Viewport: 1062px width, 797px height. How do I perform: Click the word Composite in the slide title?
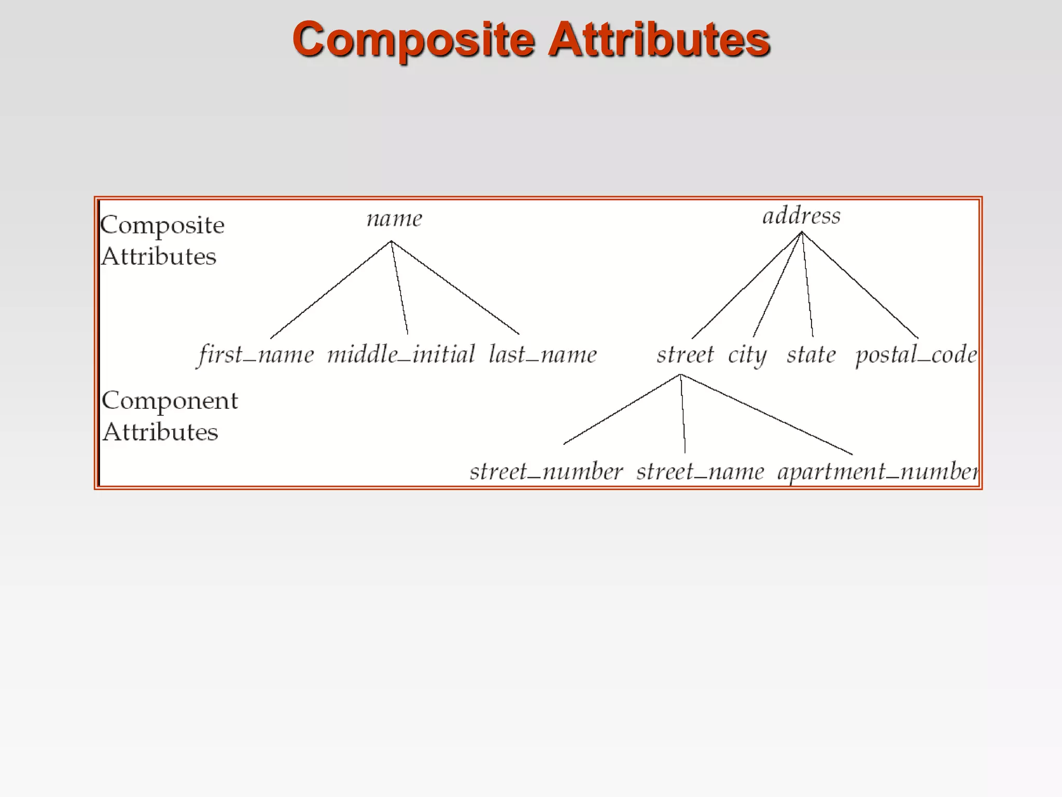(413, 40)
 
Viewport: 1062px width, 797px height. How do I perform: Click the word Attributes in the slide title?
(659, 40)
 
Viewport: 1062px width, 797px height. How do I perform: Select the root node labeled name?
(395, 218)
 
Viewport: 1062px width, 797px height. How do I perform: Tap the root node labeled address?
(801, 215)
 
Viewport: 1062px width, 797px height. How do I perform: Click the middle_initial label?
(401, 355)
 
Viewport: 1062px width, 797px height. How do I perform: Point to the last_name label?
(543, 355)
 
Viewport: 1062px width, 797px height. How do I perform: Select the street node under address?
(685, 355)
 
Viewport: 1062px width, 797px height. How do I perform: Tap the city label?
(747, 355)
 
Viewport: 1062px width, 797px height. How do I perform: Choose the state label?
(811, 355)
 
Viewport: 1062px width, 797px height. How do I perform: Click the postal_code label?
(916, 355)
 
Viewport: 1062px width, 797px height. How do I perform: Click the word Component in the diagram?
(170, 401)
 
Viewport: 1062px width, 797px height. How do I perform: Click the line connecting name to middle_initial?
(399, 287)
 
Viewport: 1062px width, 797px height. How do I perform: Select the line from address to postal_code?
(860, 285)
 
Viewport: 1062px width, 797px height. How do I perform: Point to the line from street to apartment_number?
(766, 414)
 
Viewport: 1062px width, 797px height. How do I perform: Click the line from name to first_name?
(331, 290)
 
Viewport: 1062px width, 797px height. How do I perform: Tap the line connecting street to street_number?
(622, 409)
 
